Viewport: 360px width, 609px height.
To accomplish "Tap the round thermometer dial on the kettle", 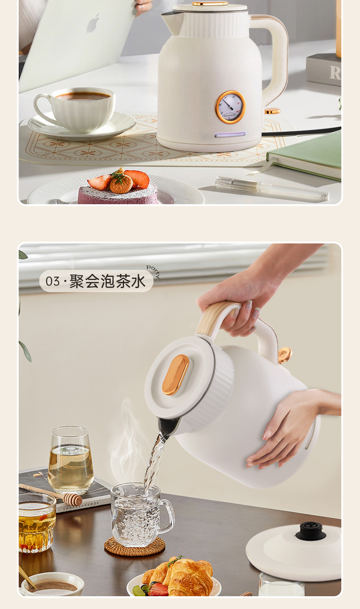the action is pos(231,107).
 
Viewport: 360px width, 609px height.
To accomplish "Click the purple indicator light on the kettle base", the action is pos(230,134).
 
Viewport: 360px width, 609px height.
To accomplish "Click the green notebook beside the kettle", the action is pos(305,156).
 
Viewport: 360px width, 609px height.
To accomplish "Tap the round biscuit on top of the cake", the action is pos(121,186).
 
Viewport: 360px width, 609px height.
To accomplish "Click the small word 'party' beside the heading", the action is pos(153,271).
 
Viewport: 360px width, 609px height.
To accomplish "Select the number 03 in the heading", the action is pos(52,281).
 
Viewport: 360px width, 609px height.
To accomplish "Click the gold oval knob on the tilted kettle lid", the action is pos(175,375).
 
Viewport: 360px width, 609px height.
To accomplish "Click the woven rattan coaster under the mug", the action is pos(134,546).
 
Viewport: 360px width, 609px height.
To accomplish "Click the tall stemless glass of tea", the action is pos(71,460).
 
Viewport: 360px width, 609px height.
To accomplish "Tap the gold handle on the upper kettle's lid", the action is pos(210,4).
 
